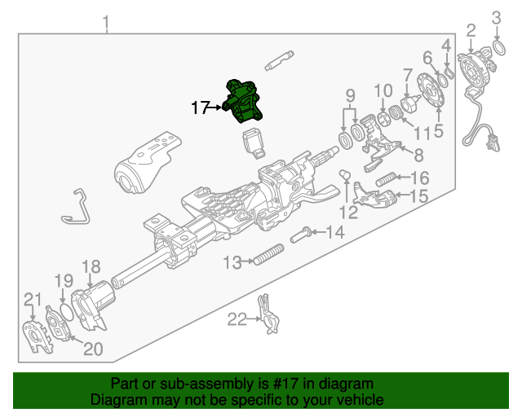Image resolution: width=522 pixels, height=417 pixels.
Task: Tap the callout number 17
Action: (x=201, y=107)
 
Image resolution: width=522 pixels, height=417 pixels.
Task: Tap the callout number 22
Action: (x=236, y=320)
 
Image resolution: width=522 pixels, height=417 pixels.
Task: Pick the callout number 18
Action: (x=91, y=266)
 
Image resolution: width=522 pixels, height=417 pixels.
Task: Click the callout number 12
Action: (x=348, y=213)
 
